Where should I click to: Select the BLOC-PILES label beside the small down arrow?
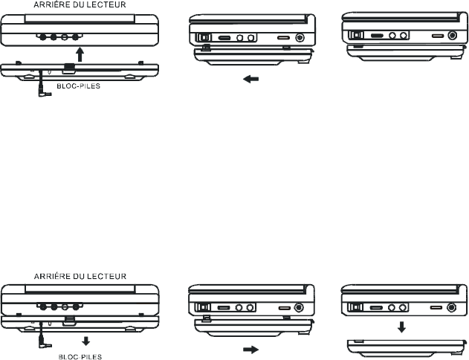click(80, 356)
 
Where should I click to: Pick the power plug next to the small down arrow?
click(43, 346)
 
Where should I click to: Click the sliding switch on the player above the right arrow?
click(201, 307)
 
